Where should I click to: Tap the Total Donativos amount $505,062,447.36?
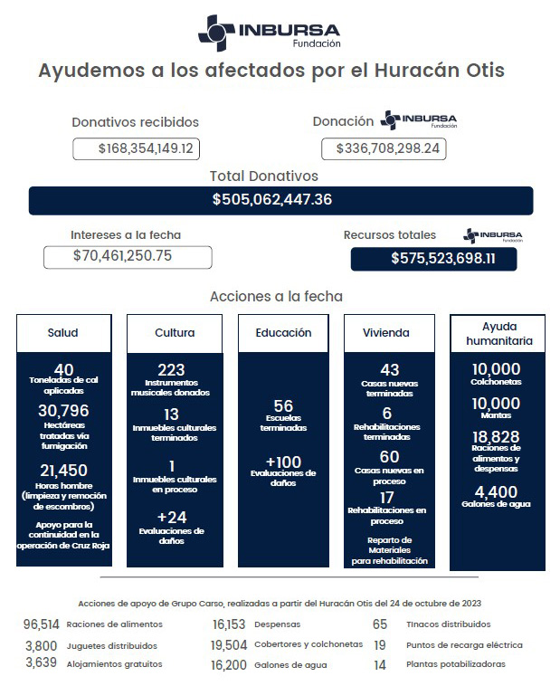pos(280,200)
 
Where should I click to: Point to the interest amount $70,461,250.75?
pos(127,256)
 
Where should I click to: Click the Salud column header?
pos(63,333)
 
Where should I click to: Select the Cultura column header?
pos(175,333)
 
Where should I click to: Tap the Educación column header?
pos(283,333)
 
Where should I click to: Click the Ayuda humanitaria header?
pos(498,333)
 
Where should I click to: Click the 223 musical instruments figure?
pos(171,369)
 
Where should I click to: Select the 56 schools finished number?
pos(283,405)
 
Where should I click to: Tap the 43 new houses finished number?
pos(390,369)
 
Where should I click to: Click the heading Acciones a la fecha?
pos(276,296)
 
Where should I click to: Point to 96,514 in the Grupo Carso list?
pos(42,624)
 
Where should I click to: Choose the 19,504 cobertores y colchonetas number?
pos(229,645)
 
